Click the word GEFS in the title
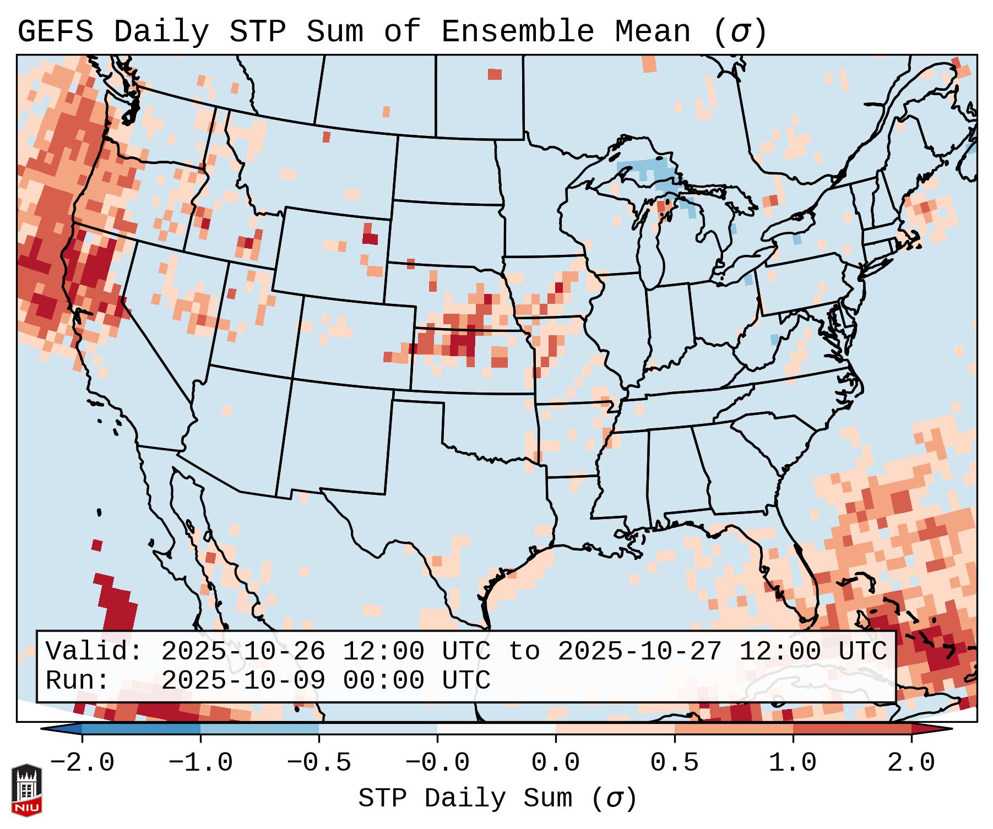(55, 32)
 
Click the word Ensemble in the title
(517, 32)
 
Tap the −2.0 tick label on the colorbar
(82, 763)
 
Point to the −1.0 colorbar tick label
(200, 763)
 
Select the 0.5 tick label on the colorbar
(674, 763)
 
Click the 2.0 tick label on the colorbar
(911, 763)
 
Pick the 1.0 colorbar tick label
(793, 763)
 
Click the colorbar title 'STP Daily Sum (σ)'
(497, 799)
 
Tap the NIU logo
(26, 789)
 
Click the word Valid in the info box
(94, 652)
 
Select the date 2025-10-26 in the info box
(243, 652)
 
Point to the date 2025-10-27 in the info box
(639, 652)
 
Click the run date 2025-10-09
(243, 681)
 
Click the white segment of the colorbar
(496, 729)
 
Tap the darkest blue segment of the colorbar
(141, 729)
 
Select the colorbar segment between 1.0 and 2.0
(851, 729)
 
